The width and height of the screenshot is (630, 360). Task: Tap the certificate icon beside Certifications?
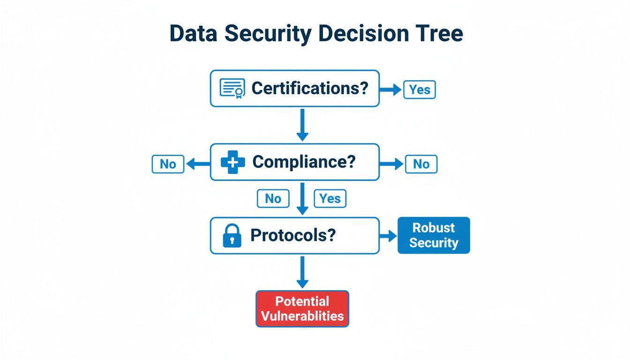coord(232,88)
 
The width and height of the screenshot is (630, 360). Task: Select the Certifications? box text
coord(310,88)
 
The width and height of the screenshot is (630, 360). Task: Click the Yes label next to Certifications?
coord(420,90)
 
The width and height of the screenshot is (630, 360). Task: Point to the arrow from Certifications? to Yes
coord(390,90)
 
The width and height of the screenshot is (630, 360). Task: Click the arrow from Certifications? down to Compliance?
coord(302,125)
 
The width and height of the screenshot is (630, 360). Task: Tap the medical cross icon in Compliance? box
coord(233,162)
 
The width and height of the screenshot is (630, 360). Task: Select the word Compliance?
coord(304,162)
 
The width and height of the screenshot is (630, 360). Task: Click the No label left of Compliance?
coord(168,164)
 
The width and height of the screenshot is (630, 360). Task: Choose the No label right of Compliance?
coord(421,164)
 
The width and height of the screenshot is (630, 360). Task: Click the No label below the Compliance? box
coord(273,199)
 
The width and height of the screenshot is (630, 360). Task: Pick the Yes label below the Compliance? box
coord(330,199)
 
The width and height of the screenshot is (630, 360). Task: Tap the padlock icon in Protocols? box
coord(232,236)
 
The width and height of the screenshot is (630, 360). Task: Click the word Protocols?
coord(293,235)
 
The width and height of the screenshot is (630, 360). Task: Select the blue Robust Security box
coord(434,235)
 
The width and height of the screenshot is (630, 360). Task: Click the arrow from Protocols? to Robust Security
coord(388,236)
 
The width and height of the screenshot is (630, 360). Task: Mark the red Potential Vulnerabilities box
coord(302,308)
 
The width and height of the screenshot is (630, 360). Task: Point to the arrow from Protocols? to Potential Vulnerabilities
coord(302,272)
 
